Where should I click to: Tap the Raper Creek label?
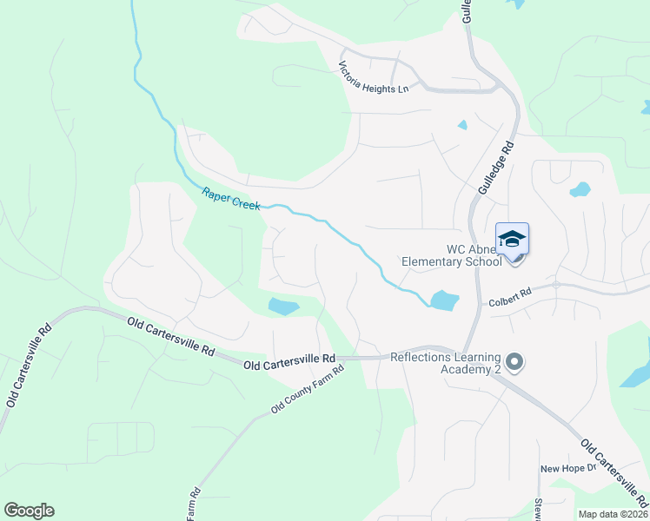pyautogui.click(x=231, y=199)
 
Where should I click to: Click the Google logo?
pyautogui.click(x=29, y=511)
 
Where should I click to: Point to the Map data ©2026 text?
pyautogui.click(x=612, y=514)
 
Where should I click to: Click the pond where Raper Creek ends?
pyautogui.click(x=443, y=300)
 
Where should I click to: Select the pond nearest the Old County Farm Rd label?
pyautogui.click(x=283, y=306)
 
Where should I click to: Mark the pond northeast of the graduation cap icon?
pyautogui.click(x=580, y=188)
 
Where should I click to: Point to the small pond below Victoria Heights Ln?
pyautogui.click(x=462, y=125)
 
